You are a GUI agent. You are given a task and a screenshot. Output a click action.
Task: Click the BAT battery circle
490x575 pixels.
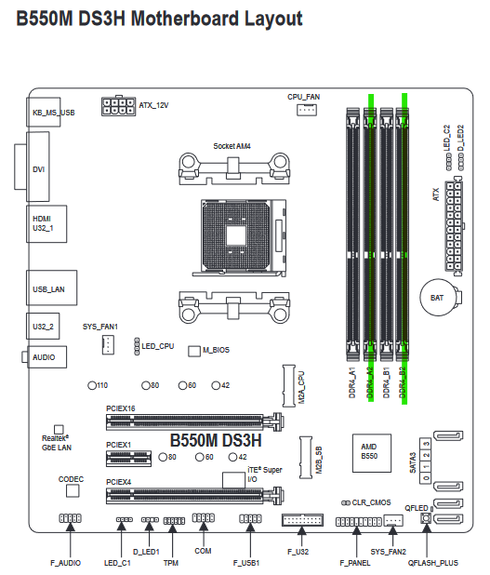pos(437,298)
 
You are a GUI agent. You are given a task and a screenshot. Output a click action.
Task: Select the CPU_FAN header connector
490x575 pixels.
pos(307,110)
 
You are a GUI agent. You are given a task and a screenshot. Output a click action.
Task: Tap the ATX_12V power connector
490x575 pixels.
pos(118,106)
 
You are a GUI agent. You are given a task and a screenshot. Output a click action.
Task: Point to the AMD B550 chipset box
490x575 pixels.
pos(372,453)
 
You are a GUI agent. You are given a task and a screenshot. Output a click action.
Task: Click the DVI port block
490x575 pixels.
pos(38,167)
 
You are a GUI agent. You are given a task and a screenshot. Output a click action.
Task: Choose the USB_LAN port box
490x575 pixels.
pos(51,287)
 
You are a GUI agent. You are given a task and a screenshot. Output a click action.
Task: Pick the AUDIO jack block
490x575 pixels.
pos(46,356)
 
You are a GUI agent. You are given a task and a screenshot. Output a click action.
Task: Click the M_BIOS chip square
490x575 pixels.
pos(194,351)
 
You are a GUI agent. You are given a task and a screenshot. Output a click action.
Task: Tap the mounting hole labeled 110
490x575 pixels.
pos(92,386)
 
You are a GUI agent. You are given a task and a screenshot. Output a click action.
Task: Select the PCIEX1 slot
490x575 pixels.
pos(128,458)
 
